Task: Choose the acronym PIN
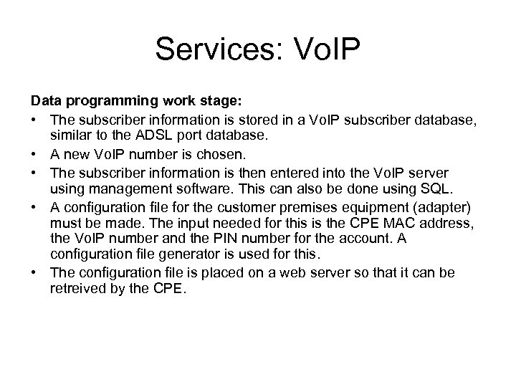(215, 240)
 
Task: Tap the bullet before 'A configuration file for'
(34, 208)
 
